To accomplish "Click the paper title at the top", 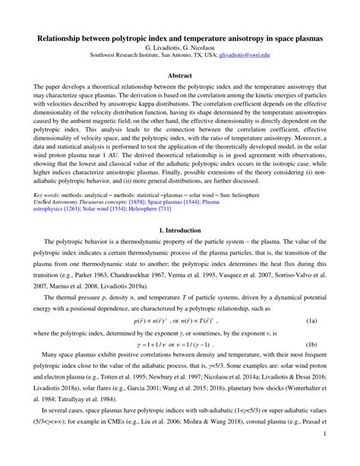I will click(180, 36).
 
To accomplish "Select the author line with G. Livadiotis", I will click(180, 46).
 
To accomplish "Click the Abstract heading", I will click(180, 76).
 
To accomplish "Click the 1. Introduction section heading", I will click(180, 230).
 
